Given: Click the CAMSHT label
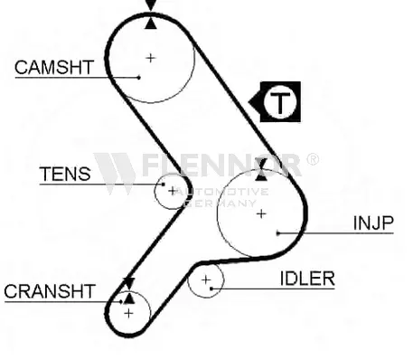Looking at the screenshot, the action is coord(54,67).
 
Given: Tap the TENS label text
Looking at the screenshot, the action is coord(65,174).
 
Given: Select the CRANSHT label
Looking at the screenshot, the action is coord(50,291).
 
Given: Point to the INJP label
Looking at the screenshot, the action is coord(373,223).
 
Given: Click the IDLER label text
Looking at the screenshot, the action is coord(307,279).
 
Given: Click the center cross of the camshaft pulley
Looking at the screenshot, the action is coord(150,58).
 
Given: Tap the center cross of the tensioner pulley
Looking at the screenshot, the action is coord(173,191).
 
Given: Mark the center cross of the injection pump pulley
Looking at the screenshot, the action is coord(261,213).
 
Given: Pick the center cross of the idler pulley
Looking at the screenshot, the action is coord(206,280).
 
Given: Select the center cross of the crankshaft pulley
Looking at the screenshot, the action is coord(128,314).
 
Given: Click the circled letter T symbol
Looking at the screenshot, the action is coord(280,102).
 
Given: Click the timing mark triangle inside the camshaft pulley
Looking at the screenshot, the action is coord(151,24).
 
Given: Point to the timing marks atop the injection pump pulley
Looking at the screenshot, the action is coord(261,169).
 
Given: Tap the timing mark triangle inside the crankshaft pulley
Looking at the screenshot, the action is coord(129,298).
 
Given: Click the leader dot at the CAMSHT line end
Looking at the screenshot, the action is coord(139,78).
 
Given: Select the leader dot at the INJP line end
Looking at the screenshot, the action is coord(278,232).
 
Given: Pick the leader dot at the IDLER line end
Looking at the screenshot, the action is coord(211,289).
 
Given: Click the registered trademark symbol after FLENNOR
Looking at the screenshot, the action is coord(313,159).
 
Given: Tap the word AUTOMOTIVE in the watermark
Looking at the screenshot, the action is coord(222,192).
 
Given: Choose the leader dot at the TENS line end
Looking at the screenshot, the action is coord(164,184).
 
